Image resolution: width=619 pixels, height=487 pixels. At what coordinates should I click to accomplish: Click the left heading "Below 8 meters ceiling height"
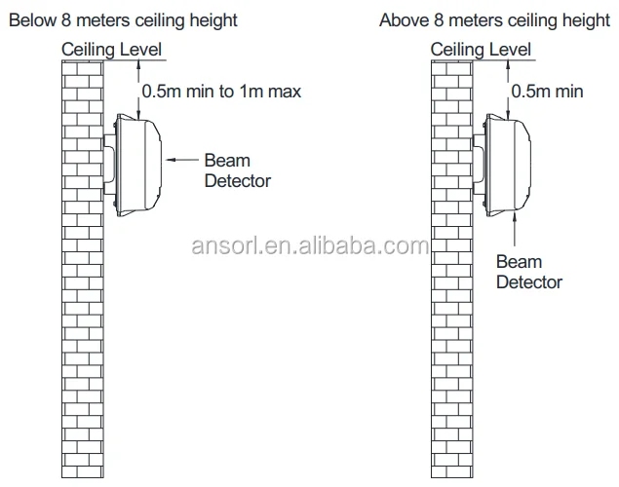pos(123,19)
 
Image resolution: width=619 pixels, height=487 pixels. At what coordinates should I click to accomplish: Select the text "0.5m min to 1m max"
pos(222,92)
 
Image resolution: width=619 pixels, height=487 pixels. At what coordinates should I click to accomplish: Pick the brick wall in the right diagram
pos(451,292)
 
